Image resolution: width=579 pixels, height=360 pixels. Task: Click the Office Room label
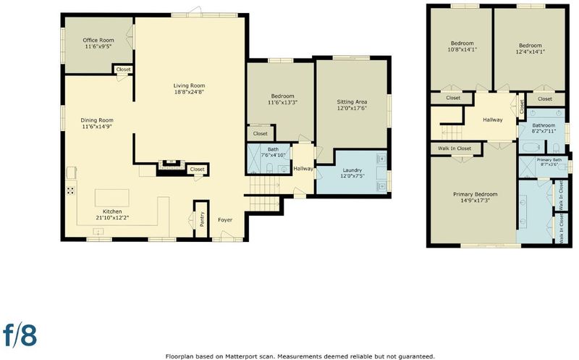pos(98,40)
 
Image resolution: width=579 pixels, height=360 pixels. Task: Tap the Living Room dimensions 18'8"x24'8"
pos(189,92)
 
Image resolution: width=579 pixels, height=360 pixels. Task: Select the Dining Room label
pos(97,120)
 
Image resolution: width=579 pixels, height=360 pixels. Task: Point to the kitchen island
pos(112,198)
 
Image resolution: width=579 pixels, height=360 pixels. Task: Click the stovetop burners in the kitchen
pos(70,191)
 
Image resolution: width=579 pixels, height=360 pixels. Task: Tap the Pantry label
pos(202,219)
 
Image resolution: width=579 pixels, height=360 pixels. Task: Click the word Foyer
pos(225,220)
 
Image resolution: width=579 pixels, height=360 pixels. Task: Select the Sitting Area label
pos(352,101)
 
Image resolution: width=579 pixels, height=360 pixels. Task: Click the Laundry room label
pos(352,170)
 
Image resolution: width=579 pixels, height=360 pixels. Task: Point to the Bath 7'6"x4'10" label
pos(274,152)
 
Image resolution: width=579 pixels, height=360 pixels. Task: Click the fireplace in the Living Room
pos(171,164)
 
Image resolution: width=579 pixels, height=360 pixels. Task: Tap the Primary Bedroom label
pos(476,194)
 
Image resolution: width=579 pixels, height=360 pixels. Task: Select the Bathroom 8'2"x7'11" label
pos(544,128)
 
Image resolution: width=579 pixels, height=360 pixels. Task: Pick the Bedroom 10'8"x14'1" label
pos(462,46)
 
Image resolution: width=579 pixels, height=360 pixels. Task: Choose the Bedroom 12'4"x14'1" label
pos(531,49)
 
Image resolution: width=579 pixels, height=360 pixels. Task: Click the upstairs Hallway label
pos(493,120)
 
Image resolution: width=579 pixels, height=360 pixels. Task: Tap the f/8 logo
pos(20,335)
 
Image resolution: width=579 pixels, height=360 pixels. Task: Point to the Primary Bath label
pos(549,159)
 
